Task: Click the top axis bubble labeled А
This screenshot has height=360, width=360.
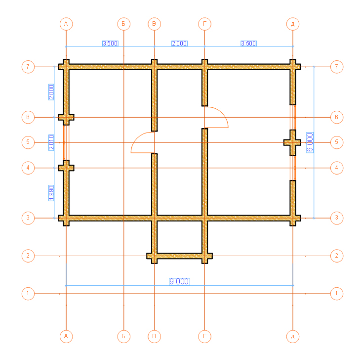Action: (66, 24)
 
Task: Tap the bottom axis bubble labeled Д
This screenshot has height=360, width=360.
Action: (293, 336)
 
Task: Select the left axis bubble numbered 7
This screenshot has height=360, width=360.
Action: (28, 67)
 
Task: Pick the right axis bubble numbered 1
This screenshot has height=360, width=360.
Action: (337, 294)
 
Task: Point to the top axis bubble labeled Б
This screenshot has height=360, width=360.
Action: (124, 24)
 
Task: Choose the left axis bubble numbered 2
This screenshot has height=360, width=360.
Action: (28, 256)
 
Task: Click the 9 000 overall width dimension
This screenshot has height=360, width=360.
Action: (179, 281)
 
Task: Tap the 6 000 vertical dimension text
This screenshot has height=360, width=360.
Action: (310, 142)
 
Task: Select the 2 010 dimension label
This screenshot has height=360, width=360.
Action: (51, 142)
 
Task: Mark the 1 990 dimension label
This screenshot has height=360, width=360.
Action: (51, 193)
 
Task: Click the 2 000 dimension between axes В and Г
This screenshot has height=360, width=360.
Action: (180, 43)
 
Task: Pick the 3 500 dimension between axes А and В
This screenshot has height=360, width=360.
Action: (110, 43)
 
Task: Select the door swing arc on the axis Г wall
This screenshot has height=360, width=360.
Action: (222, 113)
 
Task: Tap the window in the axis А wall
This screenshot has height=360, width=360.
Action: (66, 142)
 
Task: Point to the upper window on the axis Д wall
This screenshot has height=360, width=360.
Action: (293, 117)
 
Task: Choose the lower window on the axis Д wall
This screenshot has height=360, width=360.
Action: (293, 168)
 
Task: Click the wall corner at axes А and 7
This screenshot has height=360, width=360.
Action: (66, 67)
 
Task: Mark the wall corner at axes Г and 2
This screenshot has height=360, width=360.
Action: (204, 256)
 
